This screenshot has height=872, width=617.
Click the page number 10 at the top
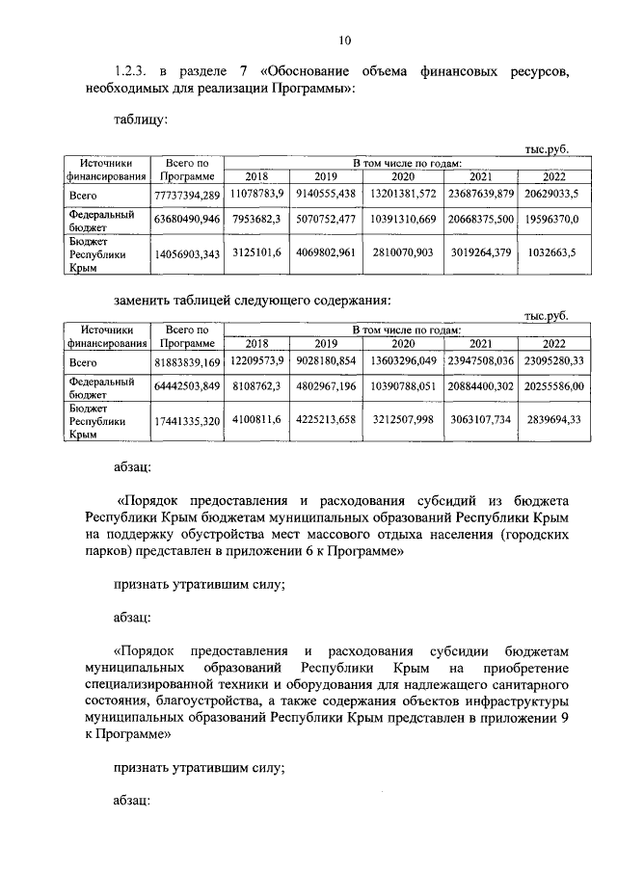point(344,40)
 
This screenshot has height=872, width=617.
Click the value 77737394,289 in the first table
point(187,197)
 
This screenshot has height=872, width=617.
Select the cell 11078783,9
point(256,197)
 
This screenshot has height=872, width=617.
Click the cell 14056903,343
point(187,253)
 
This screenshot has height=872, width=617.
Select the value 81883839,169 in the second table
point(187,362)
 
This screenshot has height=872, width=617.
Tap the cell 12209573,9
point(256,362)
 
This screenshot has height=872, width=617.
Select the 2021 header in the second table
point(479,343)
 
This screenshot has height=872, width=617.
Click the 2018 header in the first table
point(256,177)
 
